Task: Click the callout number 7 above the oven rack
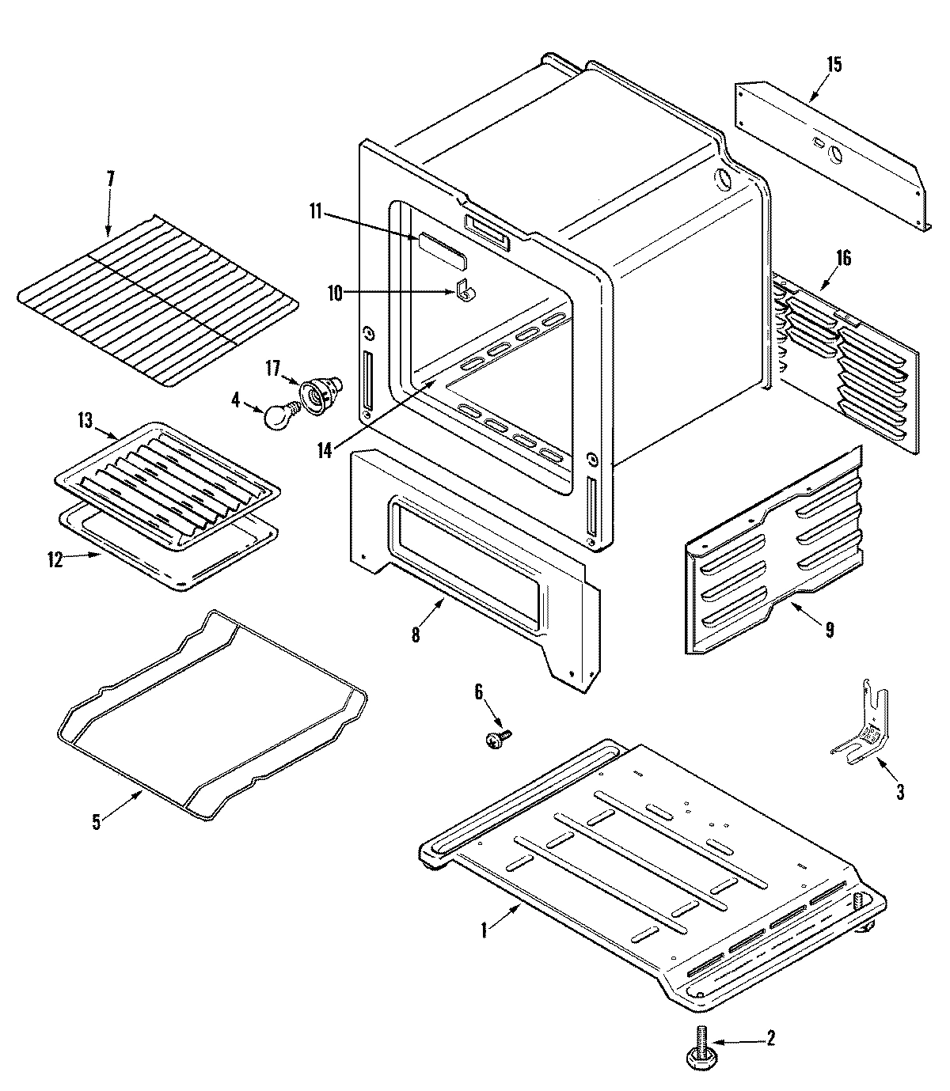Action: pos(110,179)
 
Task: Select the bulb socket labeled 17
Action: pos(320,391)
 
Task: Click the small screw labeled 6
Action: pos(496,739)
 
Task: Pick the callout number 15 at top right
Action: pos(834,65)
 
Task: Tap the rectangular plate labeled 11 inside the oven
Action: pos(441,247)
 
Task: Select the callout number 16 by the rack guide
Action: pos(844,258)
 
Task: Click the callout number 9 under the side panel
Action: pos(829,630)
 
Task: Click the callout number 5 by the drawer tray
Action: pos(97,821)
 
